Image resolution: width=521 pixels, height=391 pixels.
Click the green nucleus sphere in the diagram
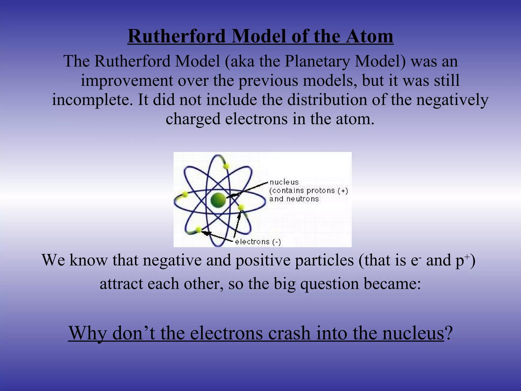(218, 200)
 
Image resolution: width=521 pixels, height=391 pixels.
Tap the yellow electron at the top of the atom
(226, 166)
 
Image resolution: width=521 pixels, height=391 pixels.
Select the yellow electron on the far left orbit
(185, 194)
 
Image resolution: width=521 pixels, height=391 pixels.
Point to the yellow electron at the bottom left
(198, 230)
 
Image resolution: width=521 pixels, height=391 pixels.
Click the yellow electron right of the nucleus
(241, 207)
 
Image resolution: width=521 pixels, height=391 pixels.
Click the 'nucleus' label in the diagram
(284, 182)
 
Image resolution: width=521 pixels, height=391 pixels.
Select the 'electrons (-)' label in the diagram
(258, 242)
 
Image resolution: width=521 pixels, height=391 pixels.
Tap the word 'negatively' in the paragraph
(452, 100)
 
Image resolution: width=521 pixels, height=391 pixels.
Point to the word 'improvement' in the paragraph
(127, 81)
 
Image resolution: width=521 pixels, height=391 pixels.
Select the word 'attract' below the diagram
(121, 284)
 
